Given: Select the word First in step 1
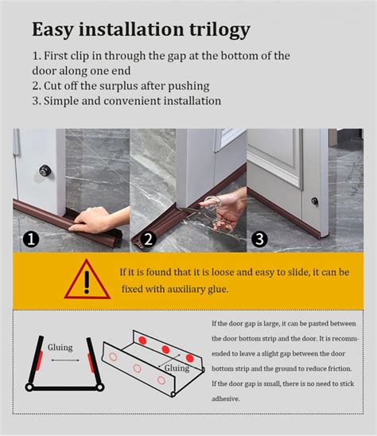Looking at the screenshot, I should click(60, 56).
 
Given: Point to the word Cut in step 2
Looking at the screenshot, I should click(56, 86).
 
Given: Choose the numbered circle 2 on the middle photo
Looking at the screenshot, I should click(147, 239).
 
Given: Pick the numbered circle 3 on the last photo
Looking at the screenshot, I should click(259, 239).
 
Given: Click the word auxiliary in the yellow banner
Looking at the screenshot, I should click(179, 289).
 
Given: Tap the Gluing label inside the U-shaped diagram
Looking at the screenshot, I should click(60, 348).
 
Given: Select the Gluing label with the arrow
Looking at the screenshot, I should click(177, 368).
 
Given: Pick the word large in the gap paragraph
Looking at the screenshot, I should click(287, 323).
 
